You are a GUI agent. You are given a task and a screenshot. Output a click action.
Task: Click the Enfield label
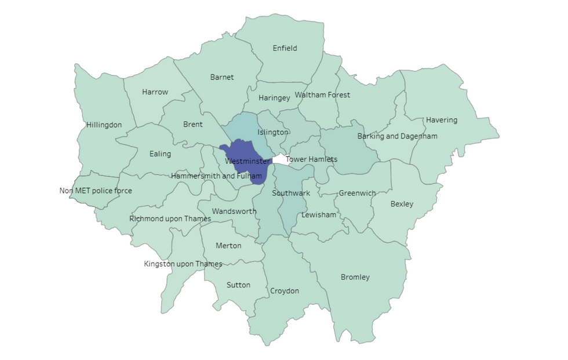click(285, 48)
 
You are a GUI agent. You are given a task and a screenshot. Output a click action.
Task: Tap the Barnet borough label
click(222, 77)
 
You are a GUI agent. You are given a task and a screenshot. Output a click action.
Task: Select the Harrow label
click(155, 92)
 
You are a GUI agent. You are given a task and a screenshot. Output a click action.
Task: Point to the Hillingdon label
click(104, 125)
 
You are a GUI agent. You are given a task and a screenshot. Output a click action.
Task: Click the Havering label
click(442, 120)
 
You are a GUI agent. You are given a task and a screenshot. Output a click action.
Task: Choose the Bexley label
click(402, 204)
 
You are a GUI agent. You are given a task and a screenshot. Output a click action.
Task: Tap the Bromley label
click(355, 277)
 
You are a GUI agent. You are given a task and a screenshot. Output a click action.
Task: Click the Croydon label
click(285, 291)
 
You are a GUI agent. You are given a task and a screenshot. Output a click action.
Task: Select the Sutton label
click(238, 285)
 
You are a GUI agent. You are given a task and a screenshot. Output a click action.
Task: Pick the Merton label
click(228, 246)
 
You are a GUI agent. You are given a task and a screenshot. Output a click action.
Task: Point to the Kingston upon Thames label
click(183, 264)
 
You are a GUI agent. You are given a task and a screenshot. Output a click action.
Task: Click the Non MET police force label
click(96, 191)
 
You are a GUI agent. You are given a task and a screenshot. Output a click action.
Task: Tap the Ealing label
click(160, 154)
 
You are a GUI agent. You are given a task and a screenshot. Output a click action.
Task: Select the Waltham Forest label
click(322, 94)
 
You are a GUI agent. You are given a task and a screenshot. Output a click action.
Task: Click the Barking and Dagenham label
click(397, 136)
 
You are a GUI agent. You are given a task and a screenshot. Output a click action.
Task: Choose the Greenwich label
click(357, 193)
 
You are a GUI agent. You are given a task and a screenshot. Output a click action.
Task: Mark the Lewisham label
click(319, 214)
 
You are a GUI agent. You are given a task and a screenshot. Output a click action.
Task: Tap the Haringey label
click(274, 98)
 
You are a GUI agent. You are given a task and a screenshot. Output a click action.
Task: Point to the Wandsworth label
click(234, 211)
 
